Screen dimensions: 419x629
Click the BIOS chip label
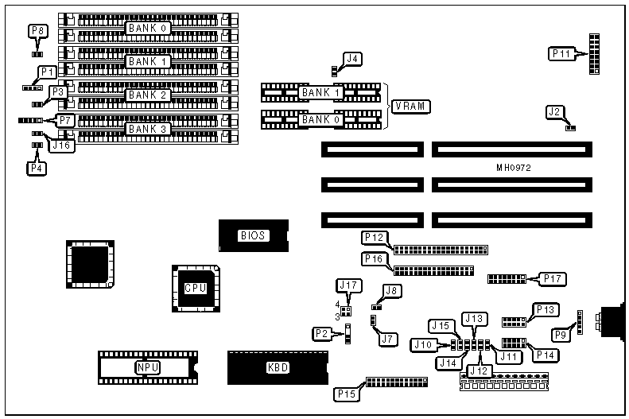click(253, 235)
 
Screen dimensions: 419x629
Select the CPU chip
click(195, 287)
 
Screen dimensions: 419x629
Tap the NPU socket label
click(146, 367)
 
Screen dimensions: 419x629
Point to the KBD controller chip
click(277, 367)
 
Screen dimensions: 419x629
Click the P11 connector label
click(561, 54)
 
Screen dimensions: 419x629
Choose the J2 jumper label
click(555, 112)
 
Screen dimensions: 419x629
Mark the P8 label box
click(37, 31)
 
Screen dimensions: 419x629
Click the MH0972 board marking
click(513, 169)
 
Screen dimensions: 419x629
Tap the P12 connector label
click(374, 238)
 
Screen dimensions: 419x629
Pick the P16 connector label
click(373, 258)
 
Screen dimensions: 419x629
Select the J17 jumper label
click(349, 285)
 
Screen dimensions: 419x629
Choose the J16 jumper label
click(61, 145)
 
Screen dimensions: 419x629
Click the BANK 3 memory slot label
click(149, 129)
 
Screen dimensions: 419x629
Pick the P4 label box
click(37, 168)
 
